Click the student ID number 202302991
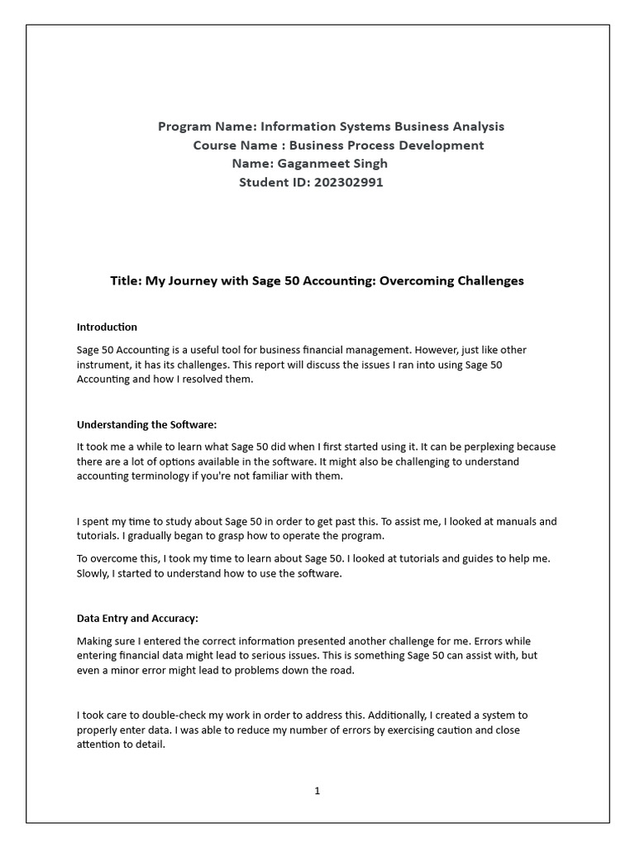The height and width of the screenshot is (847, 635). point(348,182)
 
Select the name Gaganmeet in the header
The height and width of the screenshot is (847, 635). point(309,164)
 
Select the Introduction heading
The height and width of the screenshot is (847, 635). point(107,327)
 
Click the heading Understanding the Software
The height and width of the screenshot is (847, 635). point(146,424)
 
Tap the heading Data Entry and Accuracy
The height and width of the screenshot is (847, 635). point(137,619)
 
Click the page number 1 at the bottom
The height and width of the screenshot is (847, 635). point(317,791)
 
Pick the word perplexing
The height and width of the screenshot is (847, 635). point(470,447)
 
